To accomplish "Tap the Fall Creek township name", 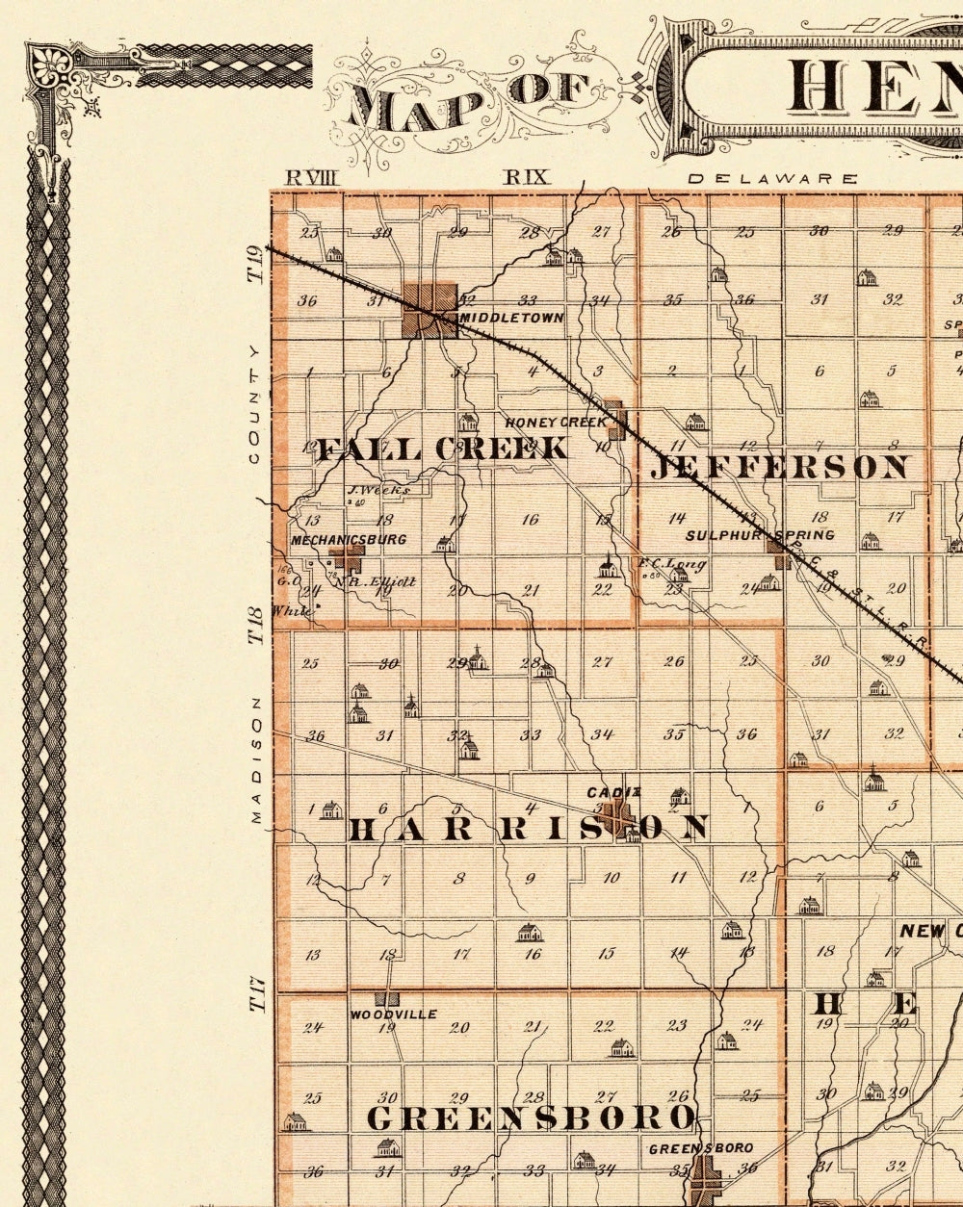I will coord(443,449).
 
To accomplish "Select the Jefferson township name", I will coord(779,468).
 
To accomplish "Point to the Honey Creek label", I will coord(557,422).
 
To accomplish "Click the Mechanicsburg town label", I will coord(349,540).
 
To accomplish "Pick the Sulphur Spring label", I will coord(760,535).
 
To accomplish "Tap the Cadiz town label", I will coord(614,792).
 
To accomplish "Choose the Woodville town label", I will coord(393,1014).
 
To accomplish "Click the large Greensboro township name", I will coord(531,1118).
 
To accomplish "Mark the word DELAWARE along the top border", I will coord(772,179).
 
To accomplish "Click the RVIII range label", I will coord(314,177).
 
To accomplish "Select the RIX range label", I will coord(527,177).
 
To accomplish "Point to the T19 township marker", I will coord(255,264).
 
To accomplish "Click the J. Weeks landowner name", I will coord(378,489).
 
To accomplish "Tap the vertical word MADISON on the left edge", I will coord(256,760).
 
